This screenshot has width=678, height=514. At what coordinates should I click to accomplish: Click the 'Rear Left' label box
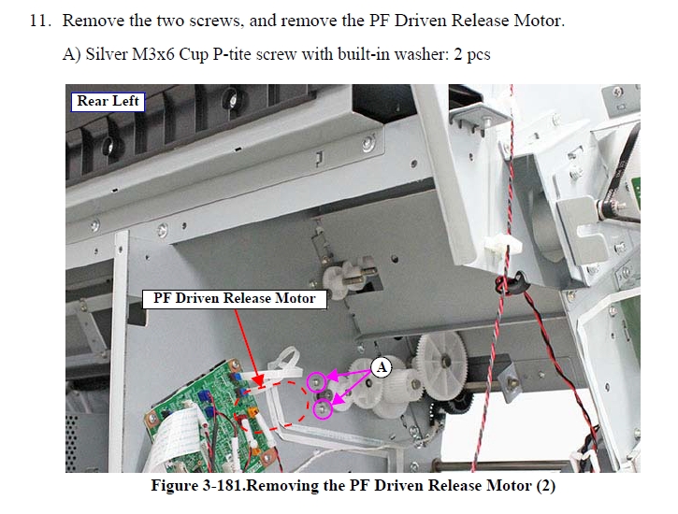(108, 102)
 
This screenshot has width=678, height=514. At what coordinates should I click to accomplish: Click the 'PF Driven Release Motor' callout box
(235, 298)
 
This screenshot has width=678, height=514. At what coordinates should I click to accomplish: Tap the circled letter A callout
(381, 367)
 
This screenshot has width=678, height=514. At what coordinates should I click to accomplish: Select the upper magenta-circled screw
(316, 382)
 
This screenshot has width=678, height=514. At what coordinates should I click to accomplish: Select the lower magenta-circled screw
(322, 409)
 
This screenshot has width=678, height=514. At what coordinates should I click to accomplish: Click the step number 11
(40, 21)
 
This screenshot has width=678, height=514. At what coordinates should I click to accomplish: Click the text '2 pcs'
(472, 55)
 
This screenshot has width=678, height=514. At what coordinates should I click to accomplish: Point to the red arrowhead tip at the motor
(259, 385)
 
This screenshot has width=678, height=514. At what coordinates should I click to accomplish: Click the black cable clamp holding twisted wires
(514, 283)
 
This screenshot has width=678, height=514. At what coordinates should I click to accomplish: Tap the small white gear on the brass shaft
(336, 281)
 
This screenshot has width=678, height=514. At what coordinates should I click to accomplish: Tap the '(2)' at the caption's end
(546, 486)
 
